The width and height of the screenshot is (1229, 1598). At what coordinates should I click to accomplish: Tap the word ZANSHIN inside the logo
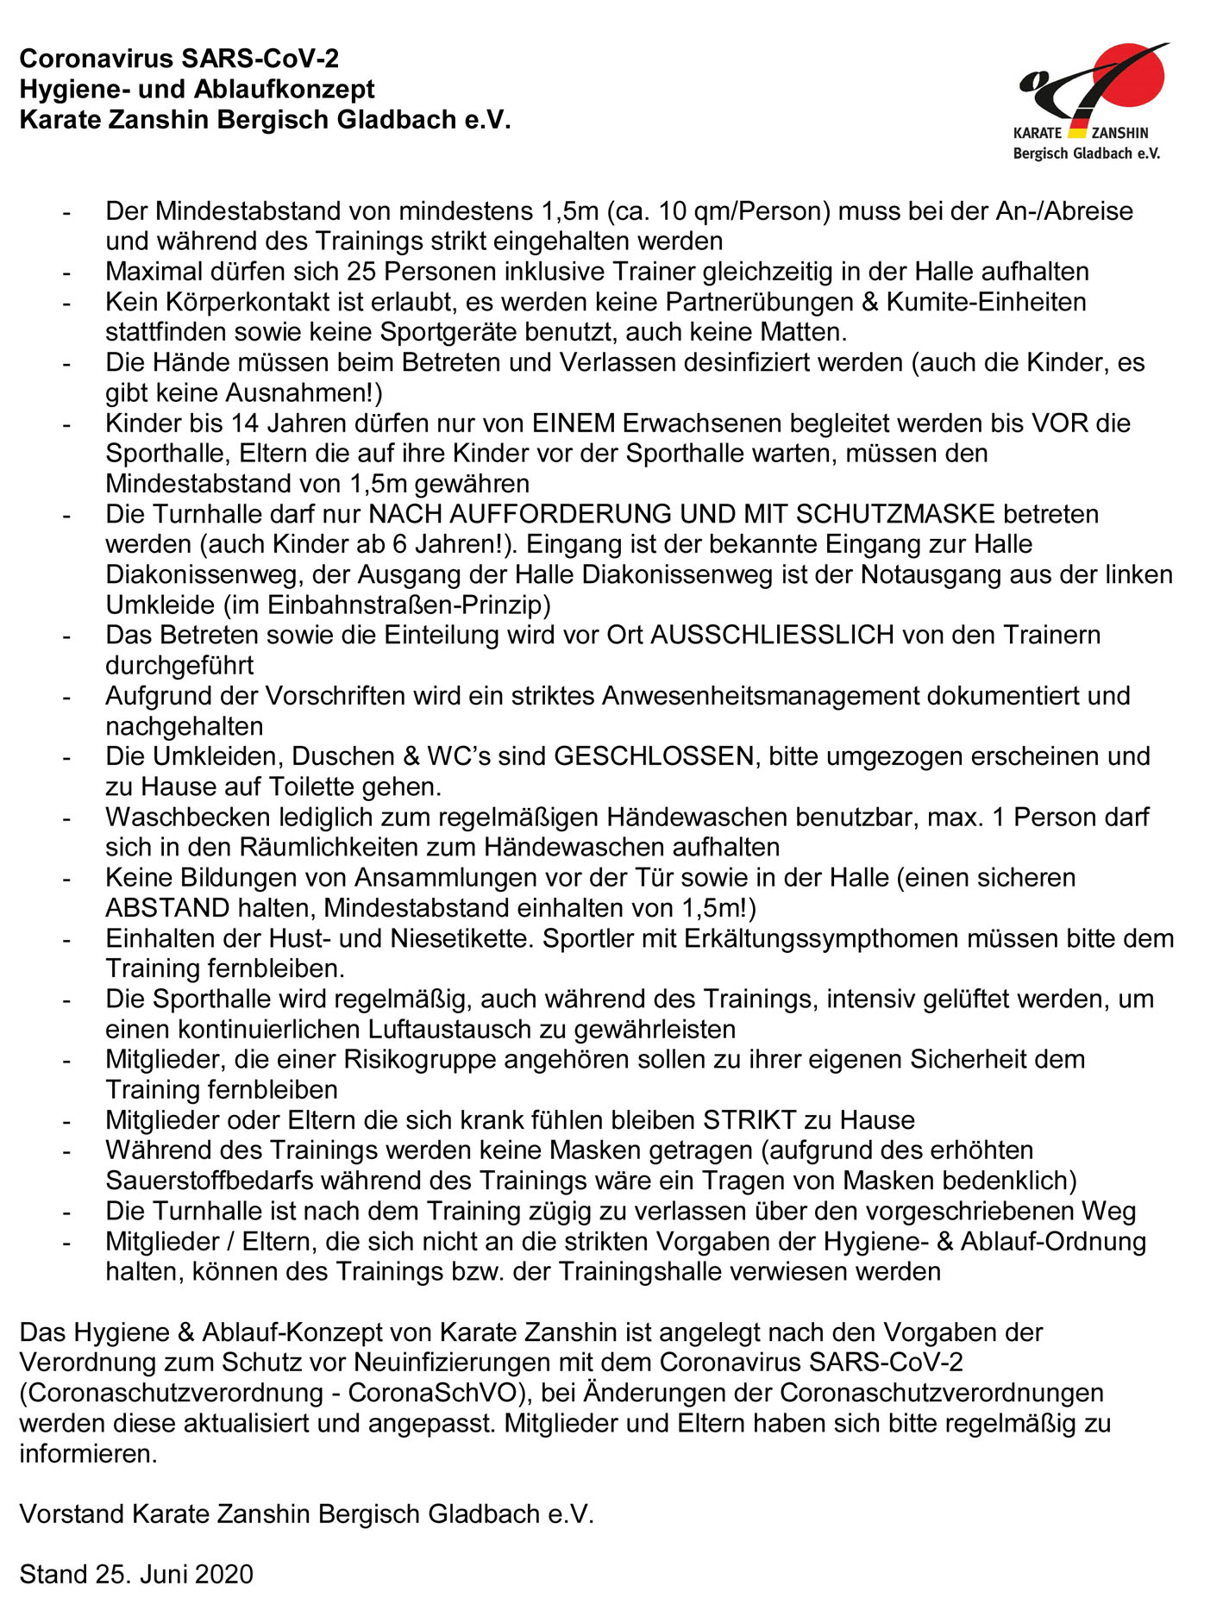[1119, 133]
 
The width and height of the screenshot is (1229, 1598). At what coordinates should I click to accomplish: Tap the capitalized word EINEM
[574, 423]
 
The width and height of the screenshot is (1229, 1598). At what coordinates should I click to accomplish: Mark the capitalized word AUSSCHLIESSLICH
[772, 635]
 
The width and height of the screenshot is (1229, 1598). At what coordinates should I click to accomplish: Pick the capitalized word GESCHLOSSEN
[654, 756]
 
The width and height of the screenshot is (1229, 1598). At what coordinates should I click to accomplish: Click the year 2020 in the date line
[224, 1574]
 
